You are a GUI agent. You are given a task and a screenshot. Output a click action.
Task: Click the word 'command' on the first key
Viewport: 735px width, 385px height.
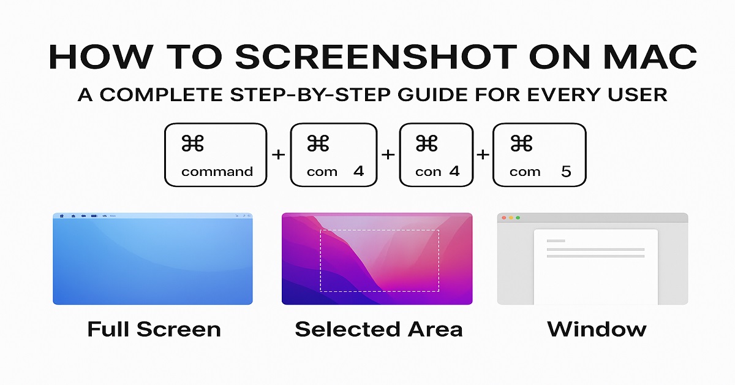coord(217,172)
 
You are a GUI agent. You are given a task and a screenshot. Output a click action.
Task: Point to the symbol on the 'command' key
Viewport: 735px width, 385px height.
coord(193,144)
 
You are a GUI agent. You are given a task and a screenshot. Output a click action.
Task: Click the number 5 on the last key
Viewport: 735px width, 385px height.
coord(565,172)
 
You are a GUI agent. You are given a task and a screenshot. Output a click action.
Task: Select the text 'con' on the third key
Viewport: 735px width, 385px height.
coord(428,172)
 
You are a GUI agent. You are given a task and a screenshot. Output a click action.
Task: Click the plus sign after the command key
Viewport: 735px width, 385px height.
coord(279,154)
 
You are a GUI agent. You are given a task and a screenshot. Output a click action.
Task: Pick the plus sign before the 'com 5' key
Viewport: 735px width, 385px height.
coord(483,154)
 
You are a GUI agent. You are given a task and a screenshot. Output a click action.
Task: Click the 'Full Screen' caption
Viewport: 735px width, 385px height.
coord(154,329)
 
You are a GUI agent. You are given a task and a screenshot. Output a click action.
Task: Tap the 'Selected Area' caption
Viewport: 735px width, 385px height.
coord(379,329)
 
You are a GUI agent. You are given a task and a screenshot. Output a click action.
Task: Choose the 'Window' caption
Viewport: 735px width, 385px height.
coord(596,329)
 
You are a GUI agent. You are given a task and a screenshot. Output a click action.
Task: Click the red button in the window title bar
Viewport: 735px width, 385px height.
coord(503,218)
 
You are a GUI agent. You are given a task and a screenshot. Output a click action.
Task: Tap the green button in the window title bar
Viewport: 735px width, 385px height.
coord(518,218)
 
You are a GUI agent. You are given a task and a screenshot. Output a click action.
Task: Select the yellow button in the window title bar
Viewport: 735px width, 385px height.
coord(511,218)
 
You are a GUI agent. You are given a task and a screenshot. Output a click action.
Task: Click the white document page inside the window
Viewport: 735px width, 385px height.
coord(595,276)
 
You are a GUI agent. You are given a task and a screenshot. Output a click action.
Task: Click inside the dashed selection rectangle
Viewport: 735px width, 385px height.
coord(379,261)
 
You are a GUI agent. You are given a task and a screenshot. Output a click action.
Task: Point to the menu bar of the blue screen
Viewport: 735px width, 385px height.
coord(153,216)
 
